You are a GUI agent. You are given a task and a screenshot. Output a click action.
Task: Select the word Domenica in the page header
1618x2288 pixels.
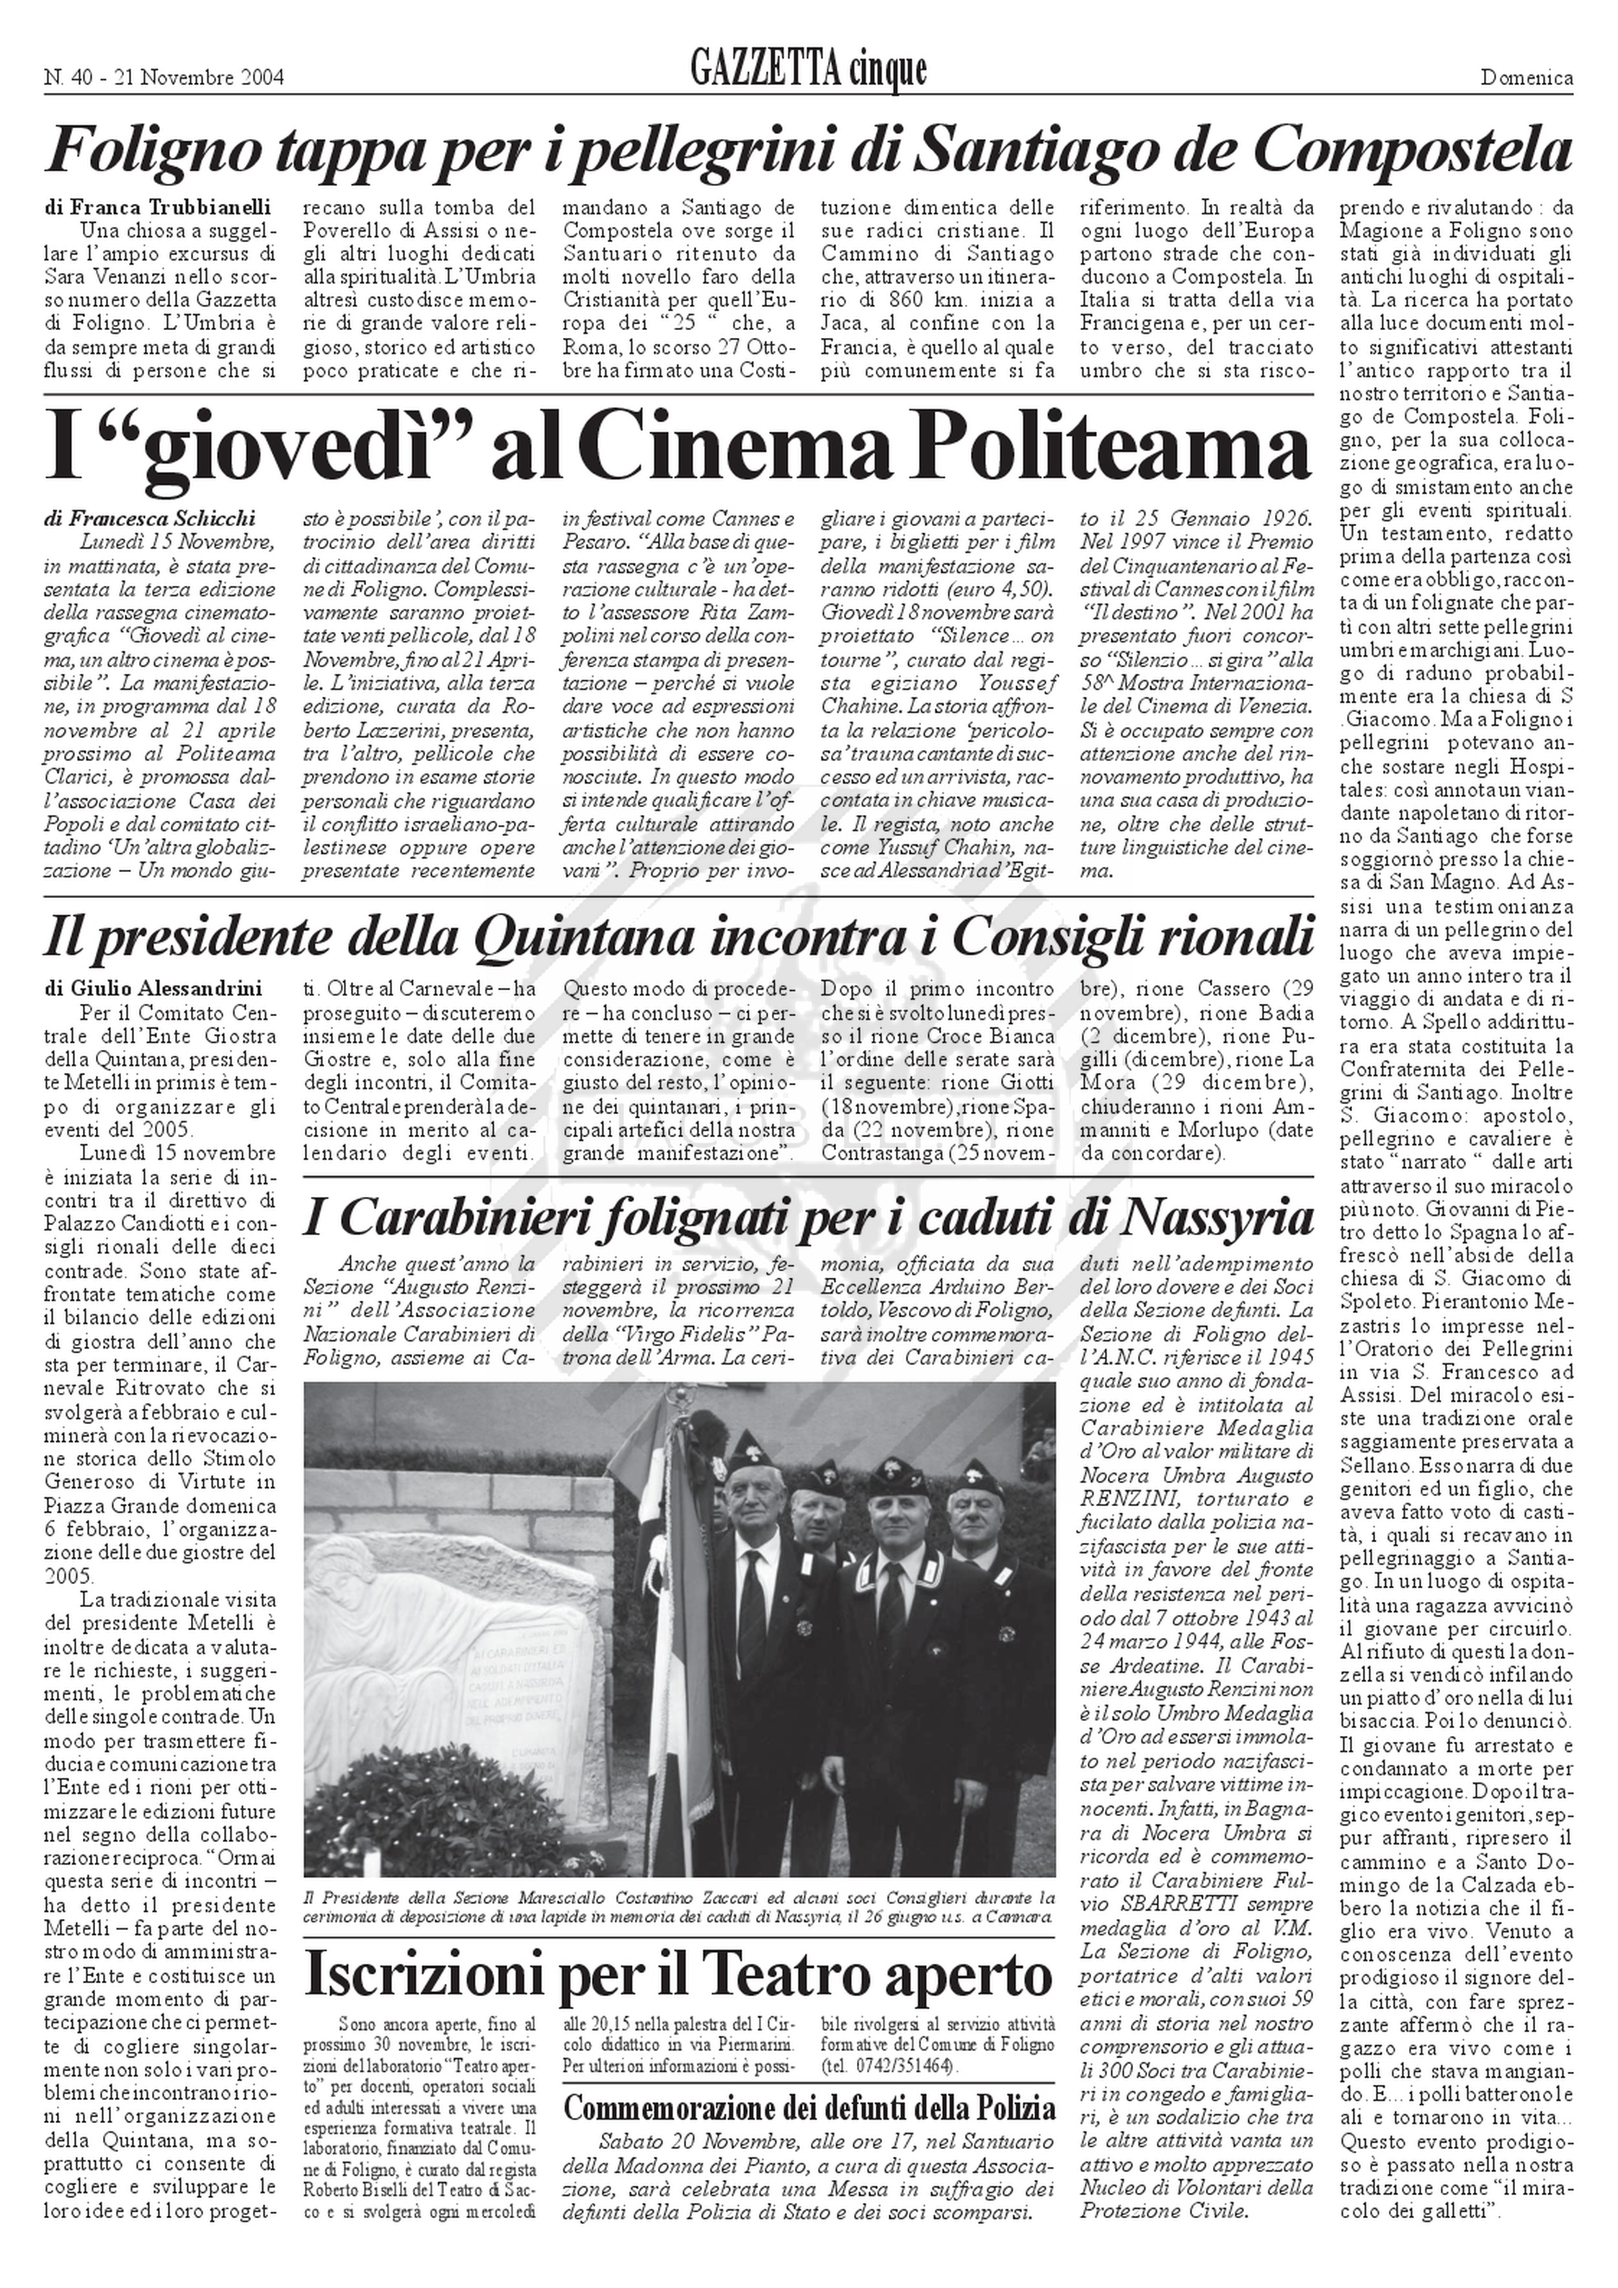1526,78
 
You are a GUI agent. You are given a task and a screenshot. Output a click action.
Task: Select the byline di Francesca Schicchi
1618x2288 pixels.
150,518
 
